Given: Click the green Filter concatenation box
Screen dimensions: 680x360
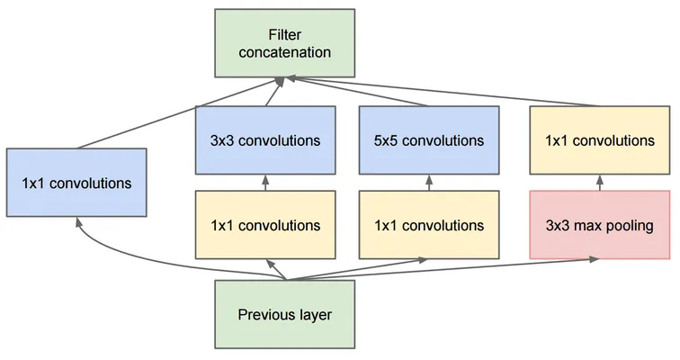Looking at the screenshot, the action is [x=285, y=43].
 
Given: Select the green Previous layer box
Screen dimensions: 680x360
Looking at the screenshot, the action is [x=285, y=314].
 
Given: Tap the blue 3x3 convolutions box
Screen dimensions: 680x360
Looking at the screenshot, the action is [x=265, y=140].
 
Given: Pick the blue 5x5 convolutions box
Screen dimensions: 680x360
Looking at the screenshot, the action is [x=429, y=140].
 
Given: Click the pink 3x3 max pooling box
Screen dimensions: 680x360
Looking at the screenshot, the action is [x=600, y=225].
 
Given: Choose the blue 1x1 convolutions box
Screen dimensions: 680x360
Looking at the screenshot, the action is [x=76, y=183].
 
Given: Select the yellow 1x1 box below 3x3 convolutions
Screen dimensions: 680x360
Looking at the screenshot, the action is [x=265, y=225].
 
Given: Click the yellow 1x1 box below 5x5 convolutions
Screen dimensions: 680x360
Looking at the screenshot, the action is [x=429, y=225].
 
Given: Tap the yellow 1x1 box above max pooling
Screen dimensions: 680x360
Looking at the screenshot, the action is [x=600, y=140].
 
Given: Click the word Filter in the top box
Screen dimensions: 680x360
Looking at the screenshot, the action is [x=284, y=35].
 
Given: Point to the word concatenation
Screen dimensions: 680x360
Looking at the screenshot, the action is [x=285, y=52].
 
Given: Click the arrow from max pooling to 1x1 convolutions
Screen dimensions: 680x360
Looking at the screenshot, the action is [x=600, y=183].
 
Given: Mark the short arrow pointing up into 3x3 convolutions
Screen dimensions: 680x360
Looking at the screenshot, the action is [x=265, y=183].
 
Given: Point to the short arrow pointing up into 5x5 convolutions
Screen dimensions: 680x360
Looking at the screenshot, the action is [x=429, y=183].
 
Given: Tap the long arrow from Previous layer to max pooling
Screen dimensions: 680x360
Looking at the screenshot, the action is [x=443, y=269].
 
